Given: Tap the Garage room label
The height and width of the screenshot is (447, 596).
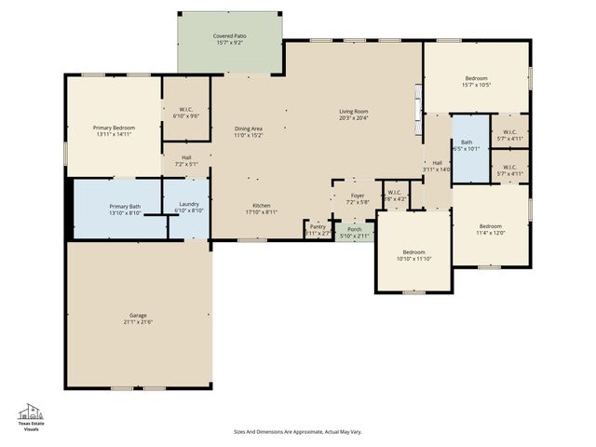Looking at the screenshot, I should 138,316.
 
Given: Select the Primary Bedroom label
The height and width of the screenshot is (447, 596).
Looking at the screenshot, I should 114,127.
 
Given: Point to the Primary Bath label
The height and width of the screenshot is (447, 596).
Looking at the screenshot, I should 125,207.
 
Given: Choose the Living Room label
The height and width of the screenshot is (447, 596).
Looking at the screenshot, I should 353,112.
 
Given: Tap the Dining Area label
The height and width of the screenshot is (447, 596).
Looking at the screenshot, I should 248,129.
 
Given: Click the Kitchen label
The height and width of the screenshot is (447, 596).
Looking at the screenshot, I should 261,206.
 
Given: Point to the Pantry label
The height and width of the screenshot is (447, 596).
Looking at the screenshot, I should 318,225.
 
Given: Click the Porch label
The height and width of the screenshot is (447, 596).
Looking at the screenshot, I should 354,229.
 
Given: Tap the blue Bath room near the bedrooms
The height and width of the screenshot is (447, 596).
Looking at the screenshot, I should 469,147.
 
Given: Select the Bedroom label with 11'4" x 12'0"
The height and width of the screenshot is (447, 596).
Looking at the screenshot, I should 491,226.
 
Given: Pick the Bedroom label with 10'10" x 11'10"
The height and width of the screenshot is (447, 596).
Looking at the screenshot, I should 413,252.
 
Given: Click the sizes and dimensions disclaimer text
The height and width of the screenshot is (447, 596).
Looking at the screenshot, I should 297,431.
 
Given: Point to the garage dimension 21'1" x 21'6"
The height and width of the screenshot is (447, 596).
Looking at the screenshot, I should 138,322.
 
